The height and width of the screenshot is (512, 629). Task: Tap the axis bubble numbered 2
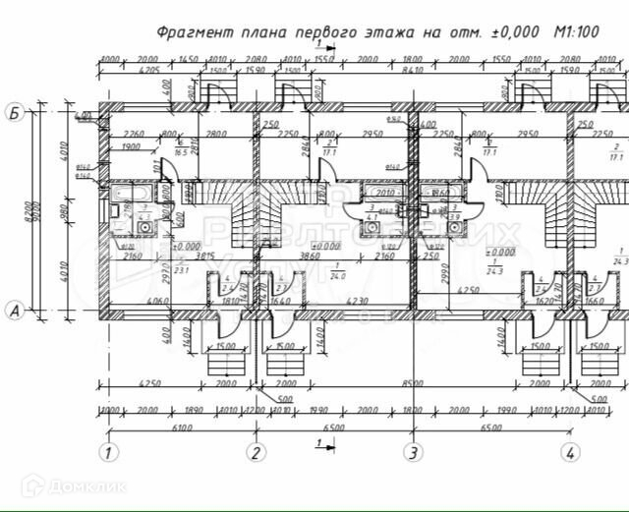pyautogui.click(x=256, y=453)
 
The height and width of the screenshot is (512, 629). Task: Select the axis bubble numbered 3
pyautogui.click(x=414, y=453)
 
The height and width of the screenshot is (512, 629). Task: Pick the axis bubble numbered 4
pyautogui.click(x=570, y=453)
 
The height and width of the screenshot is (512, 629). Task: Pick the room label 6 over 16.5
pyautogui.click(x=180, y=149)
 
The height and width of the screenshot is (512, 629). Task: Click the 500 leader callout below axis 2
pyautogui.click(x=284, y=399)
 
